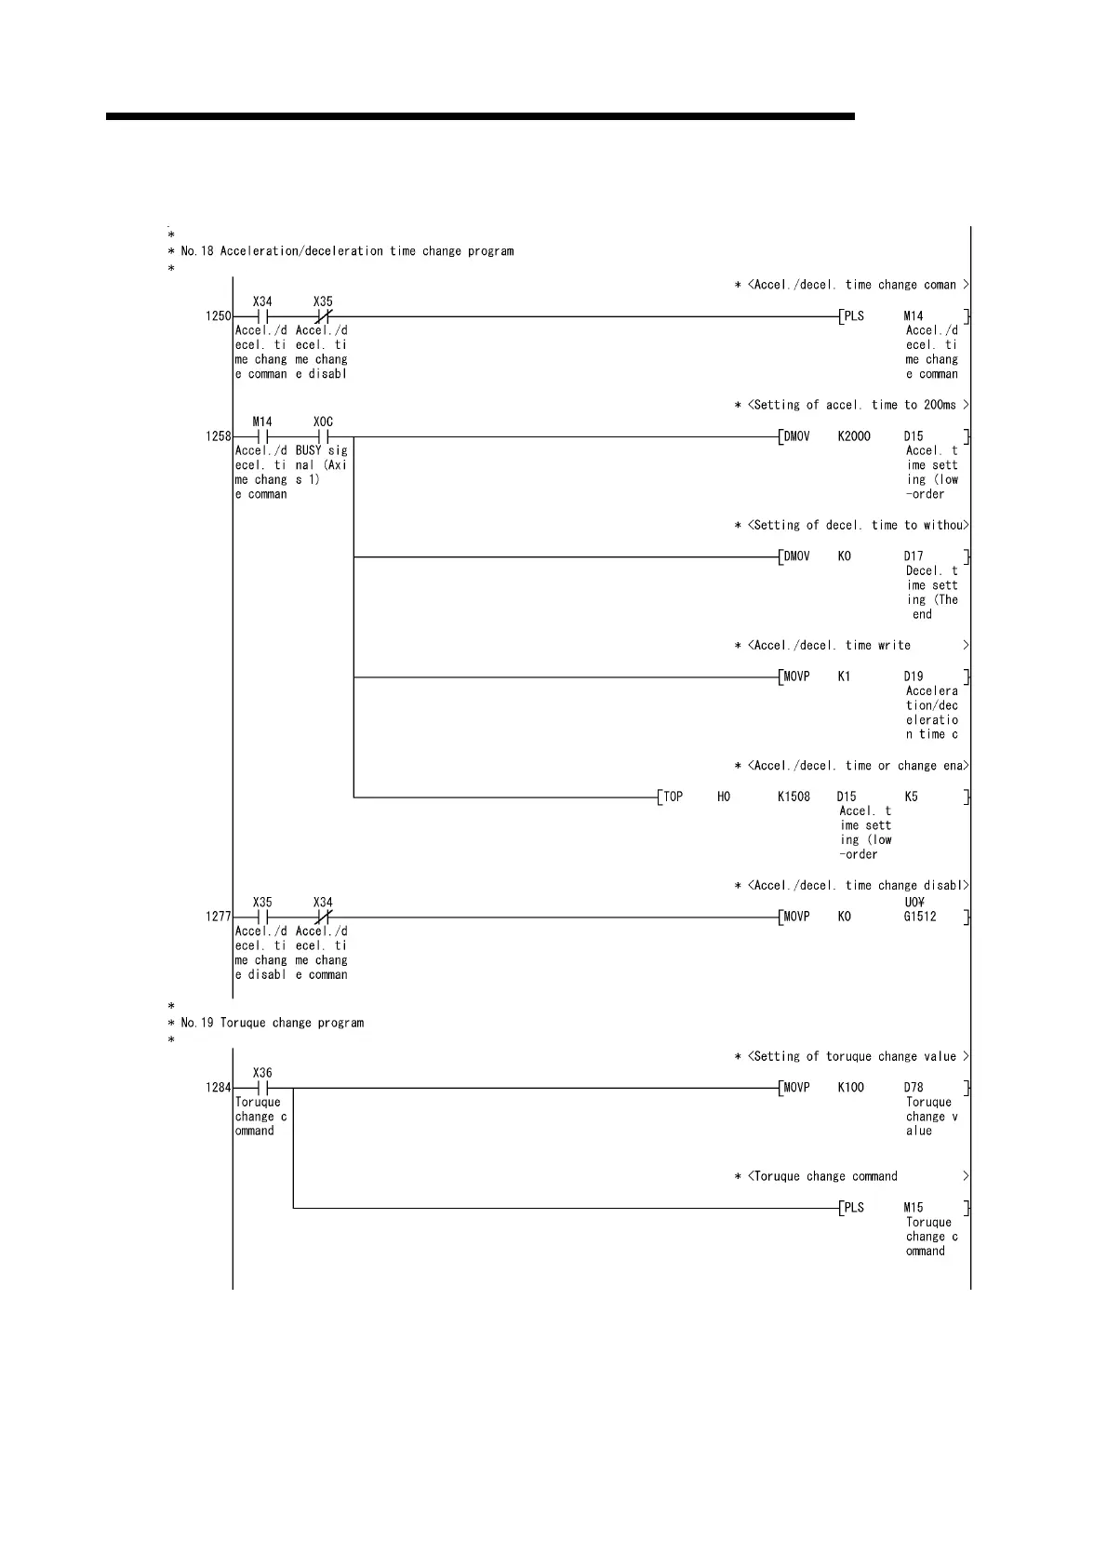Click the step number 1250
(x=218, y=316)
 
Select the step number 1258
(x=218, y=436)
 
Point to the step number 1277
(x=218, y=917)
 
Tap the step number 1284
(x=218, y=1087)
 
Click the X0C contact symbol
(x=323, y=436)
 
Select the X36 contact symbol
(x=262, y=1087)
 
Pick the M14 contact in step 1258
(x=262, y=436)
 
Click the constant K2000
(x=854, y=436)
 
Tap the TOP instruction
(x=673, y=797)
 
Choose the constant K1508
(x=794, y=797)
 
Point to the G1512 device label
(x=920, y=917)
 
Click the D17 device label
(x=914, y=556)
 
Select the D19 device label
(x=914, y=676)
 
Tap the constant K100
(x=850, y=1087)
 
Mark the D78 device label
(x=914, y=1087)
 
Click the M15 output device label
(x=914, y=1208)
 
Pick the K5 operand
(x=911, y=797)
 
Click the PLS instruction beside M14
(x=854, y=316)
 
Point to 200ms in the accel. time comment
(x=940, y=405)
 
